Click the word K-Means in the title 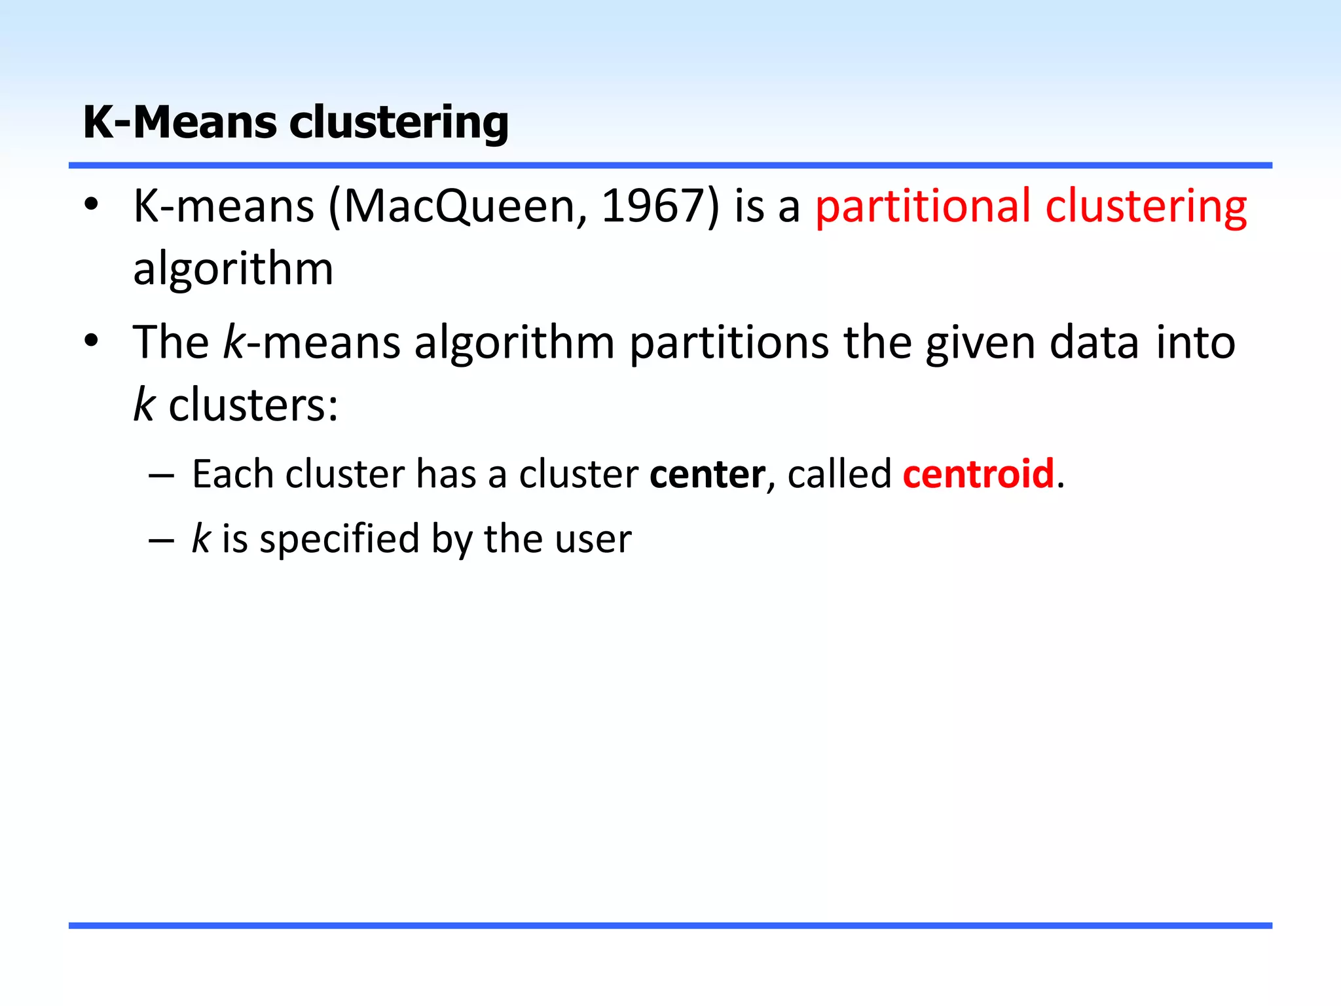pyautogui.click(x=180, y=122)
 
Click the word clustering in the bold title pyautogui.click(x=399, y=122)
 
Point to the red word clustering pyautogui.click(x=1146, y=207)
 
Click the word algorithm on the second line pyautogui.click(x=233, y=269)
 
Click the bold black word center pyautogui.click(x=707, y=474)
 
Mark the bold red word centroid pyautogui.click(x=978, y=474)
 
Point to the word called pyautogui.click(x=839, y=474)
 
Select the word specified pyautogui.click(x=339, y=540)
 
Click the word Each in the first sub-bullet pyautogui.click(x=232, y=474)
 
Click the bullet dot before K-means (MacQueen pyautogui.click(x=91, y=204)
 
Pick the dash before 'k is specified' pyautogui.click(x=161, y=540)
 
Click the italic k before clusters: pyautogui.click(x=143, y=405)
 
